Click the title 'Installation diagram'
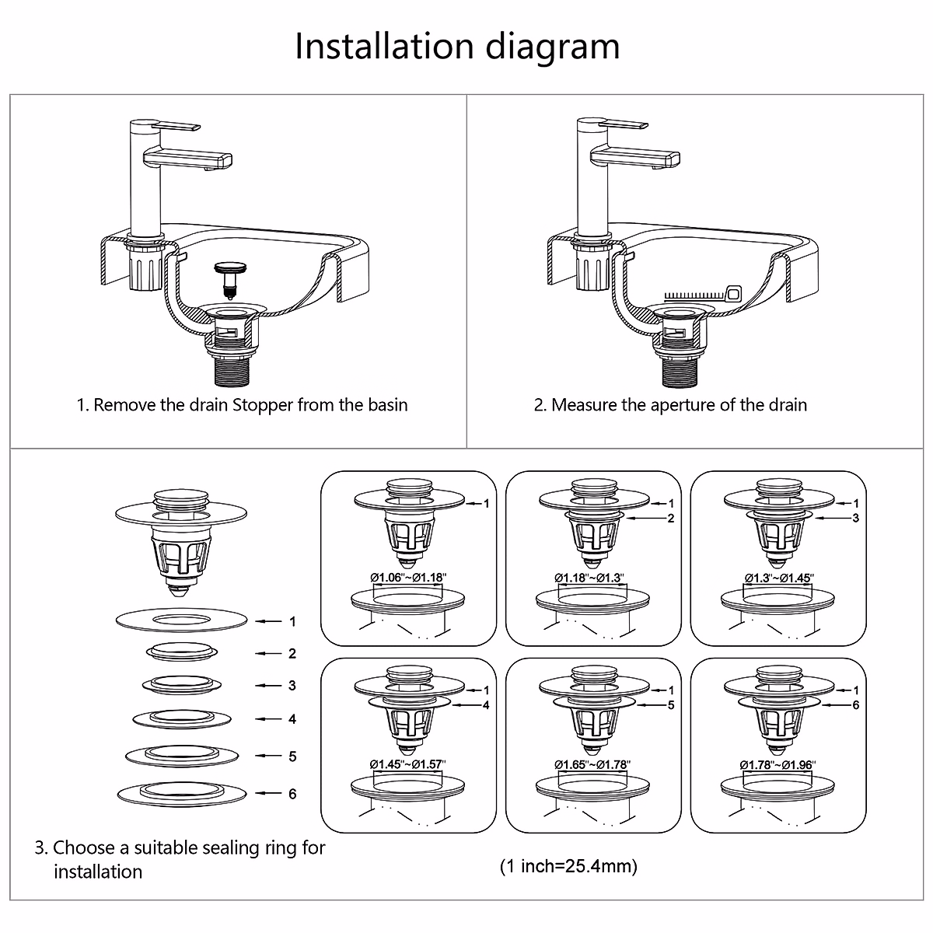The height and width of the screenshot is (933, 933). tap(457, 46)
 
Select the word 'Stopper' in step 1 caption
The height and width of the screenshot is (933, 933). tap(264, 405)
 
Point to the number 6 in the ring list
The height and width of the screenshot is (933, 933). tap(292, 794)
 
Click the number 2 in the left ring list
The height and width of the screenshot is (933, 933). tap(292, 654)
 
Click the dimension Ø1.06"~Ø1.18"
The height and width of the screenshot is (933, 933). tap(408, 578)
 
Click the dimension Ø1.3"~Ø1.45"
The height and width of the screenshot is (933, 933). tap(778, 578)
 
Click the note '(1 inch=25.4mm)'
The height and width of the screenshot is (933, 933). tap(568, 866)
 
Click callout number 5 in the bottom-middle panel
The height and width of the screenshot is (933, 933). tap(671, 705)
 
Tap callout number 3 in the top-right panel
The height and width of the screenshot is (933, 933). tap(856, 518)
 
